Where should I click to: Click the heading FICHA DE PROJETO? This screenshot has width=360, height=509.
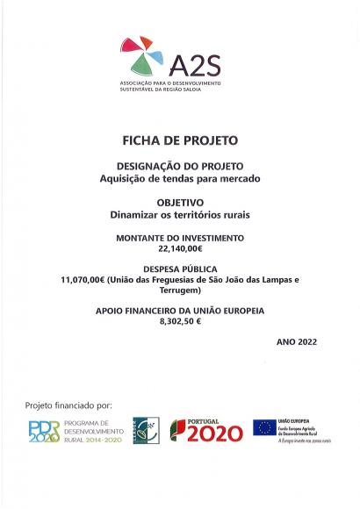(x=179, y=140)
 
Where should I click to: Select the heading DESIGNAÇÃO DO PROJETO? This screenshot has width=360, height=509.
(x=180, y=166)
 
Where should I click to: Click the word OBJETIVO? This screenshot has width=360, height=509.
(x=180, y=201)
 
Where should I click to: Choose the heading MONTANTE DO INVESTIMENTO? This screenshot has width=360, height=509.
(x=180, y=238)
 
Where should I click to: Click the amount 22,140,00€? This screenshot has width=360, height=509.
(x=180, y=249)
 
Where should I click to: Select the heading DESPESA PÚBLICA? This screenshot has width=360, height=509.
(x=180, y=268)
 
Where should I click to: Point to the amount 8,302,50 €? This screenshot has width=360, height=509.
(x=180, y=322)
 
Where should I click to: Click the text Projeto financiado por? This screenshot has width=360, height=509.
(x=68, y=405)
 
